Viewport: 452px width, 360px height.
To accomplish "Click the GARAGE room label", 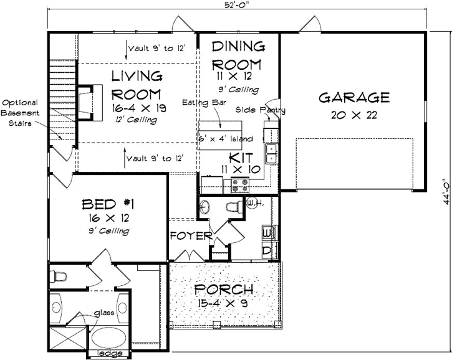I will [354, 98].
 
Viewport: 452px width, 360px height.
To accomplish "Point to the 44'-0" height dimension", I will [445, 193].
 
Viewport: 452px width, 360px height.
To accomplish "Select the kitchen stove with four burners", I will [240, 184].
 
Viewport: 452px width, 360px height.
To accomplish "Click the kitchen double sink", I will [272, 153].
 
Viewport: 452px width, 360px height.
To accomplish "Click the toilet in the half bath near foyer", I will [233, 207].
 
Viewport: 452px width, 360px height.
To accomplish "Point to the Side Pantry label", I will [260, 110].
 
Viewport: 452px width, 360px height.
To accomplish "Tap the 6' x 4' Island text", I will [225, 138].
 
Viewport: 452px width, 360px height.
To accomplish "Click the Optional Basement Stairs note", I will [21, 113].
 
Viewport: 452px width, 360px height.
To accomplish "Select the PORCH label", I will [223, 290].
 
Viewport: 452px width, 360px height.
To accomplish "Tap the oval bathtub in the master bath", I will [109, 339].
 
